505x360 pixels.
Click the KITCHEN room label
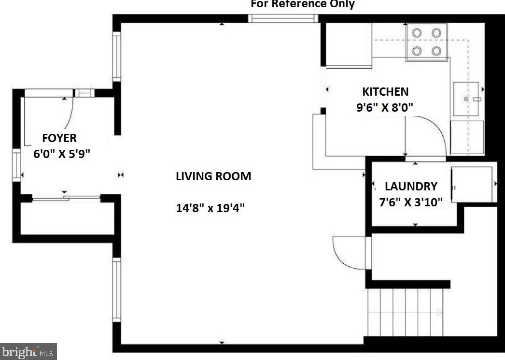pyautogui.click(x=385, y=91)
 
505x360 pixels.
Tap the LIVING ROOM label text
pyautogui.click(x=213, y=176)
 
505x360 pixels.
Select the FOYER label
pyautogui.click(x=59, y=138)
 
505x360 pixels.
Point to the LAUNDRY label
pyautogui.click(x=411, y=187)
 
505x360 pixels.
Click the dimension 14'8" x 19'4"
pyautogui.click(x=210, y=208)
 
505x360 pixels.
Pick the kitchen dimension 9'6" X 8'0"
pyautogui.click(x=385, y=107)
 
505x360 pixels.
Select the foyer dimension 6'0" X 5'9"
pyautogui.click(x=62, y=154)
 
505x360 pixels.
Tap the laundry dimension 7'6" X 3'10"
pyautogui.click(x=411, y=202)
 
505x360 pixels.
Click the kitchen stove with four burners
pyautogui.click(x=427, y=42)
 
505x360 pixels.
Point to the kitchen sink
pyautogui.click(x=466, y=99)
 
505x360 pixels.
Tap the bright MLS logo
pyautogui.click(x=28, y=352)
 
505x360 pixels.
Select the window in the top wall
pyautogui.click(x=283, y=18)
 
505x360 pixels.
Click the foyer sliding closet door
pyautogui.click(x=66, y=198)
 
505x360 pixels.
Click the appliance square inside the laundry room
pyautogui.click(x=472, y=185)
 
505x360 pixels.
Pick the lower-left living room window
pyautogui.click(x=116, y=290)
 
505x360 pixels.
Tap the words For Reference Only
pyautogui.click(x=303, y=4)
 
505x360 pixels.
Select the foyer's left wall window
pyautogui.click(x=16, y=165)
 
